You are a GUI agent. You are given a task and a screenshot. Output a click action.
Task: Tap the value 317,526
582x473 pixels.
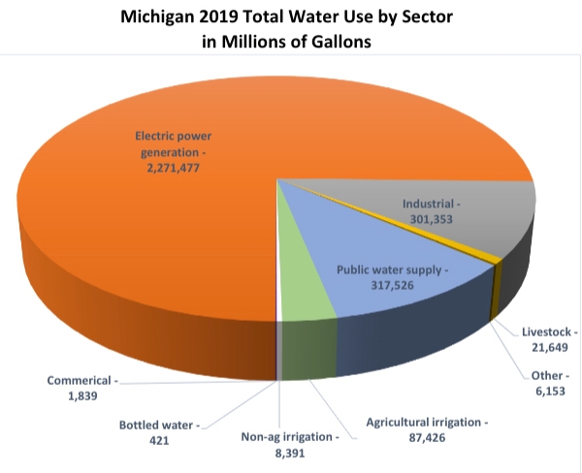tap(379, 285)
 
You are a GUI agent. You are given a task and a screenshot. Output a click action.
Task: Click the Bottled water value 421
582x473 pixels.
tap(154, 440)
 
